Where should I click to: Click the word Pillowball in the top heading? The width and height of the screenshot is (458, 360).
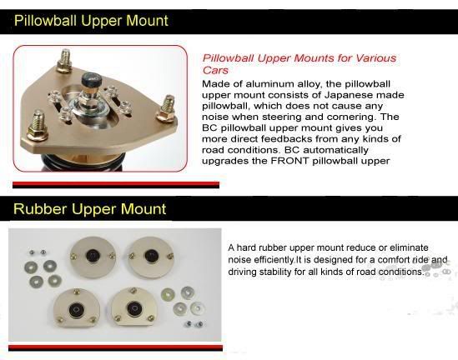[x=45, y=21]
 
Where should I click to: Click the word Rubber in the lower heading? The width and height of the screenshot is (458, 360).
[x=40, y=209]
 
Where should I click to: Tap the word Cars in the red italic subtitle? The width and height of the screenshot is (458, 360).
[x=215, y=70]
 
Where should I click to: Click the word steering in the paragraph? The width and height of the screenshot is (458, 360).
[x=282, y=117]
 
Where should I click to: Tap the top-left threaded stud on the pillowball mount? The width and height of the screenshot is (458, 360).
[x=64, y=61]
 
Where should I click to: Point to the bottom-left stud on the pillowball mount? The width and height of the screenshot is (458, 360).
[x=37, y=126]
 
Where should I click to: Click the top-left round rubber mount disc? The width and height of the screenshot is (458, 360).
[x=93, y=257]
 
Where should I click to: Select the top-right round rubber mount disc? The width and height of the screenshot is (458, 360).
[x=151, y=257]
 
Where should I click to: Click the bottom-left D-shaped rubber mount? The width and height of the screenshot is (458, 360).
[x=77, y=308]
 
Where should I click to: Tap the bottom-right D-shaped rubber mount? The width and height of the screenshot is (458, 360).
[x=134, y=307]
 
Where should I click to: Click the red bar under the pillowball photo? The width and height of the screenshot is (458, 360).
[x=116, y=184]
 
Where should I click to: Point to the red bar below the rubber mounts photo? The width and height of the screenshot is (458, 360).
[x=115, y=347]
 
